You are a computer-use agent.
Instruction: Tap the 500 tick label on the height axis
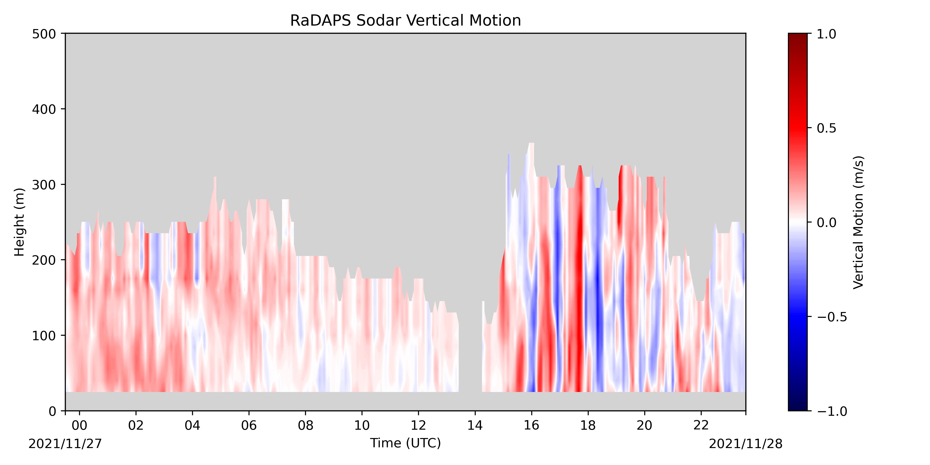44,34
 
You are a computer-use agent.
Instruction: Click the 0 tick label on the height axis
52,412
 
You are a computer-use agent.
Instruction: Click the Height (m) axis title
19,222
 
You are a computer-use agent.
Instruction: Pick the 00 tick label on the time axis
80,426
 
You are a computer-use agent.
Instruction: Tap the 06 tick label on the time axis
249,426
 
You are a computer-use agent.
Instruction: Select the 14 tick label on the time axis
475,426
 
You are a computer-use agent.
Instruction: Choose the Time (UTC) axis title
405,443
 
